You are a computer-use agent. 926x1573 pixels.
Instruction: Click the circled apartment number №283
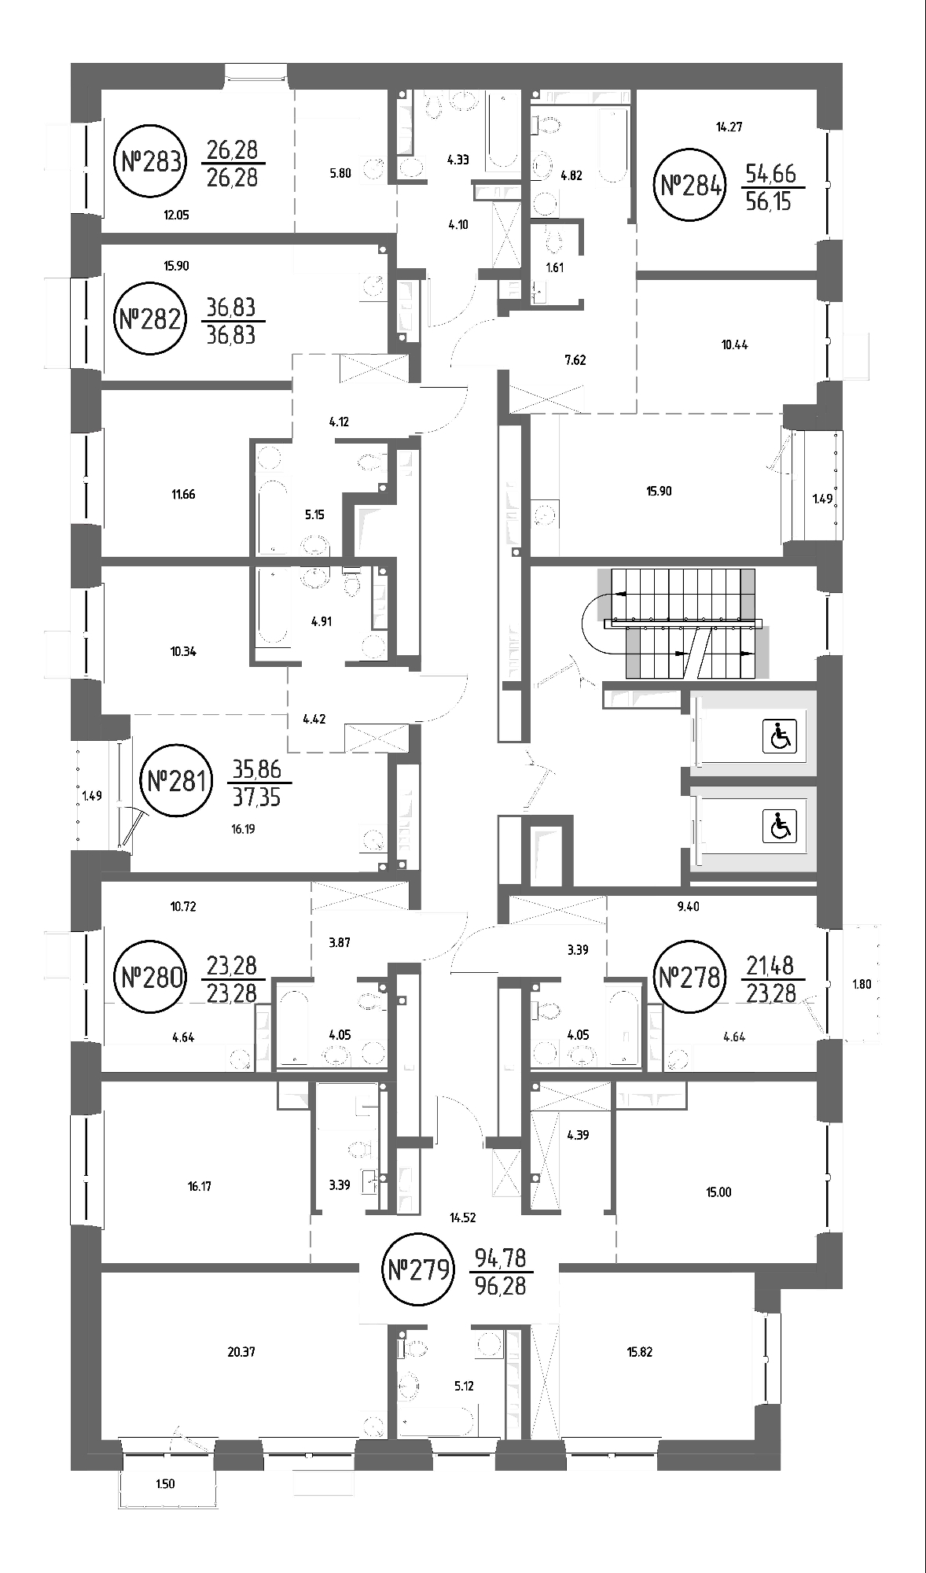click(x=152, y=163)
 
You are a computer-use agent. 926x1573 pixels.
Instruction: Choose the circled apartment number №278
click(x=688, y=978)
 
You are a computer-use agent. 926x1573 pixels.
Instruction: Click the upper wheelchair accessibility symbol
click(x=780, y=737)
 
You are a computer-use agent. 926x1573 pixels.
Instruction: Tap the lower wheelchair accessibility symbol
click(x=780, y=826)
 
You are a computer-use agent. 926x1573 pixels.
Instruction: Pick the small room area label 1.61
click(x=554, y=267)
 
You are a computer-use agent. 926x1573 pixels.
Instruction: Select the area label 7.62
click(x=575, y=361)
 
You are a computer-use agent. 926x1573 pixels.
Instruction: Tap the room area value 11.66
click(x=182, y=495)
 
